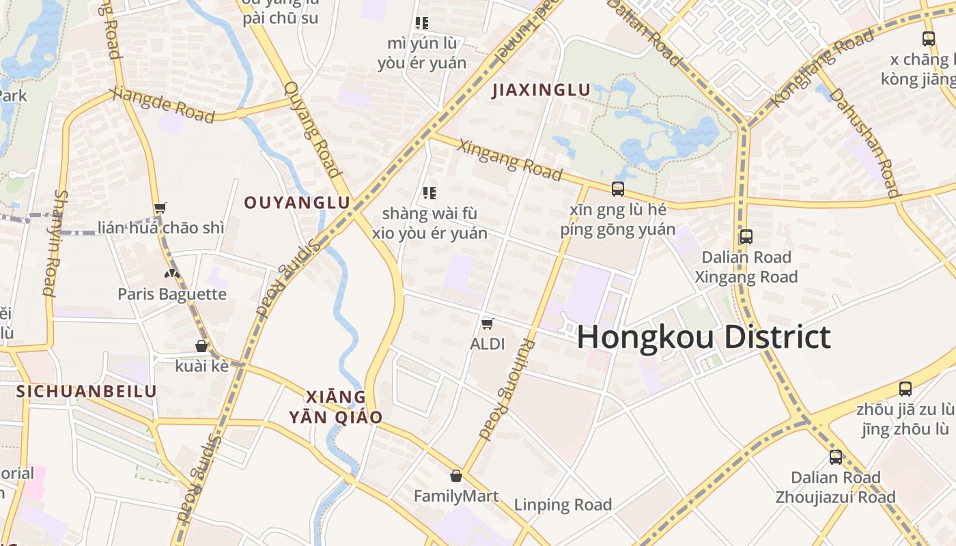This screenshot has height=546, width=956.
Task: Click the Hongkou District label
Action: [704, 338]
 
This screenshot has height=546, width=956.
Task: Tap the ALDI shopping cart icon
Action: [488, 323]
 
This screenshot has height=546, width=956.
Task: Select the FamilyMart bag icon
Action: [456, 476]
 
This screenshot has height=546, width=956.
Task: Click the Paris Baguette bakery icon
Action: [172, 274]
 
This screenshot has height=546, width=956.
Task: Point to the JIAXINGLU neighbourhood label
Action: [541, 90]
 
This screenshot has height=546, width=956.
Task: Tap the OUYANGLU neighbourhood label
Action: [297, 203]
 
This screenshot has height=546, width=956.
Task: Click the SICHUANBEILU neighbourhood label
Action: [87, 392]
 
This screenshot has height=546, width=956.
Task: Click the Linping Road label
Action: [563, 505]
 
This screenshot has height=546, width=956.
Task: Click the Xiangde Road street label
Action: [163, 105]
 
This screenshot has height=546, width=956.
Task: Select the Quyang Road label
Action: [311, 128]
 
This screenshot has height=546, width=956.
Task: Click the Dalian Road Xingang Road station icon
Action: [746, 237]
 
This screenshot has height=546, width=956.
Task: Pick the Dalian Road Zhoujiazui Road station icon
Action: [836, 457]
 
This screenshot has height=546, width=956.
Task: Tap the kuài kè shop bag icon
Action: [201, 346]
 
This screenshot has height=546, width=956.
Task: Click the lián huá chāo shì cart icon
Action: [160, 207]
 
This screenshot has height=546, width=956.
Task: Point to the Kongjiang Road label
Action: [822, 69]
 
